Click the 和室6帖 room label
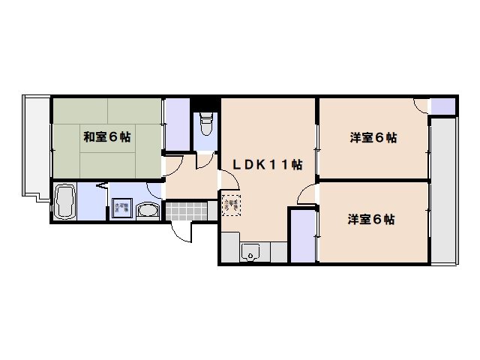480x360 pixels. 107,137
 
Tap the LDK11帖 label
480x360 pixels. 266,164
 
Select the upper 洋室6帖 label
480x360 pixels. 373,138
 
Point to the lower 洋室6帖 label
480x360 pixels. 371,220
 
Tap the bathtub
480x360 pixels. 66,202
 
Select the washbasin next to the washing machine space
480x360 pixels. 149,211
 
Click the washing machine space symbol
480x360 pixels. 121,209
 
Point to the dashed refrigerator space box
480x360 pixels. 230,203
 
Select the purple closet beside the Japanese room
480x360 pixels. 177,124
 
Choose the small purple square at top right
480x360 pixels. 442,106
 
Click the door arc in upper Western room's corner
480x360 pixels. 420,106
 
